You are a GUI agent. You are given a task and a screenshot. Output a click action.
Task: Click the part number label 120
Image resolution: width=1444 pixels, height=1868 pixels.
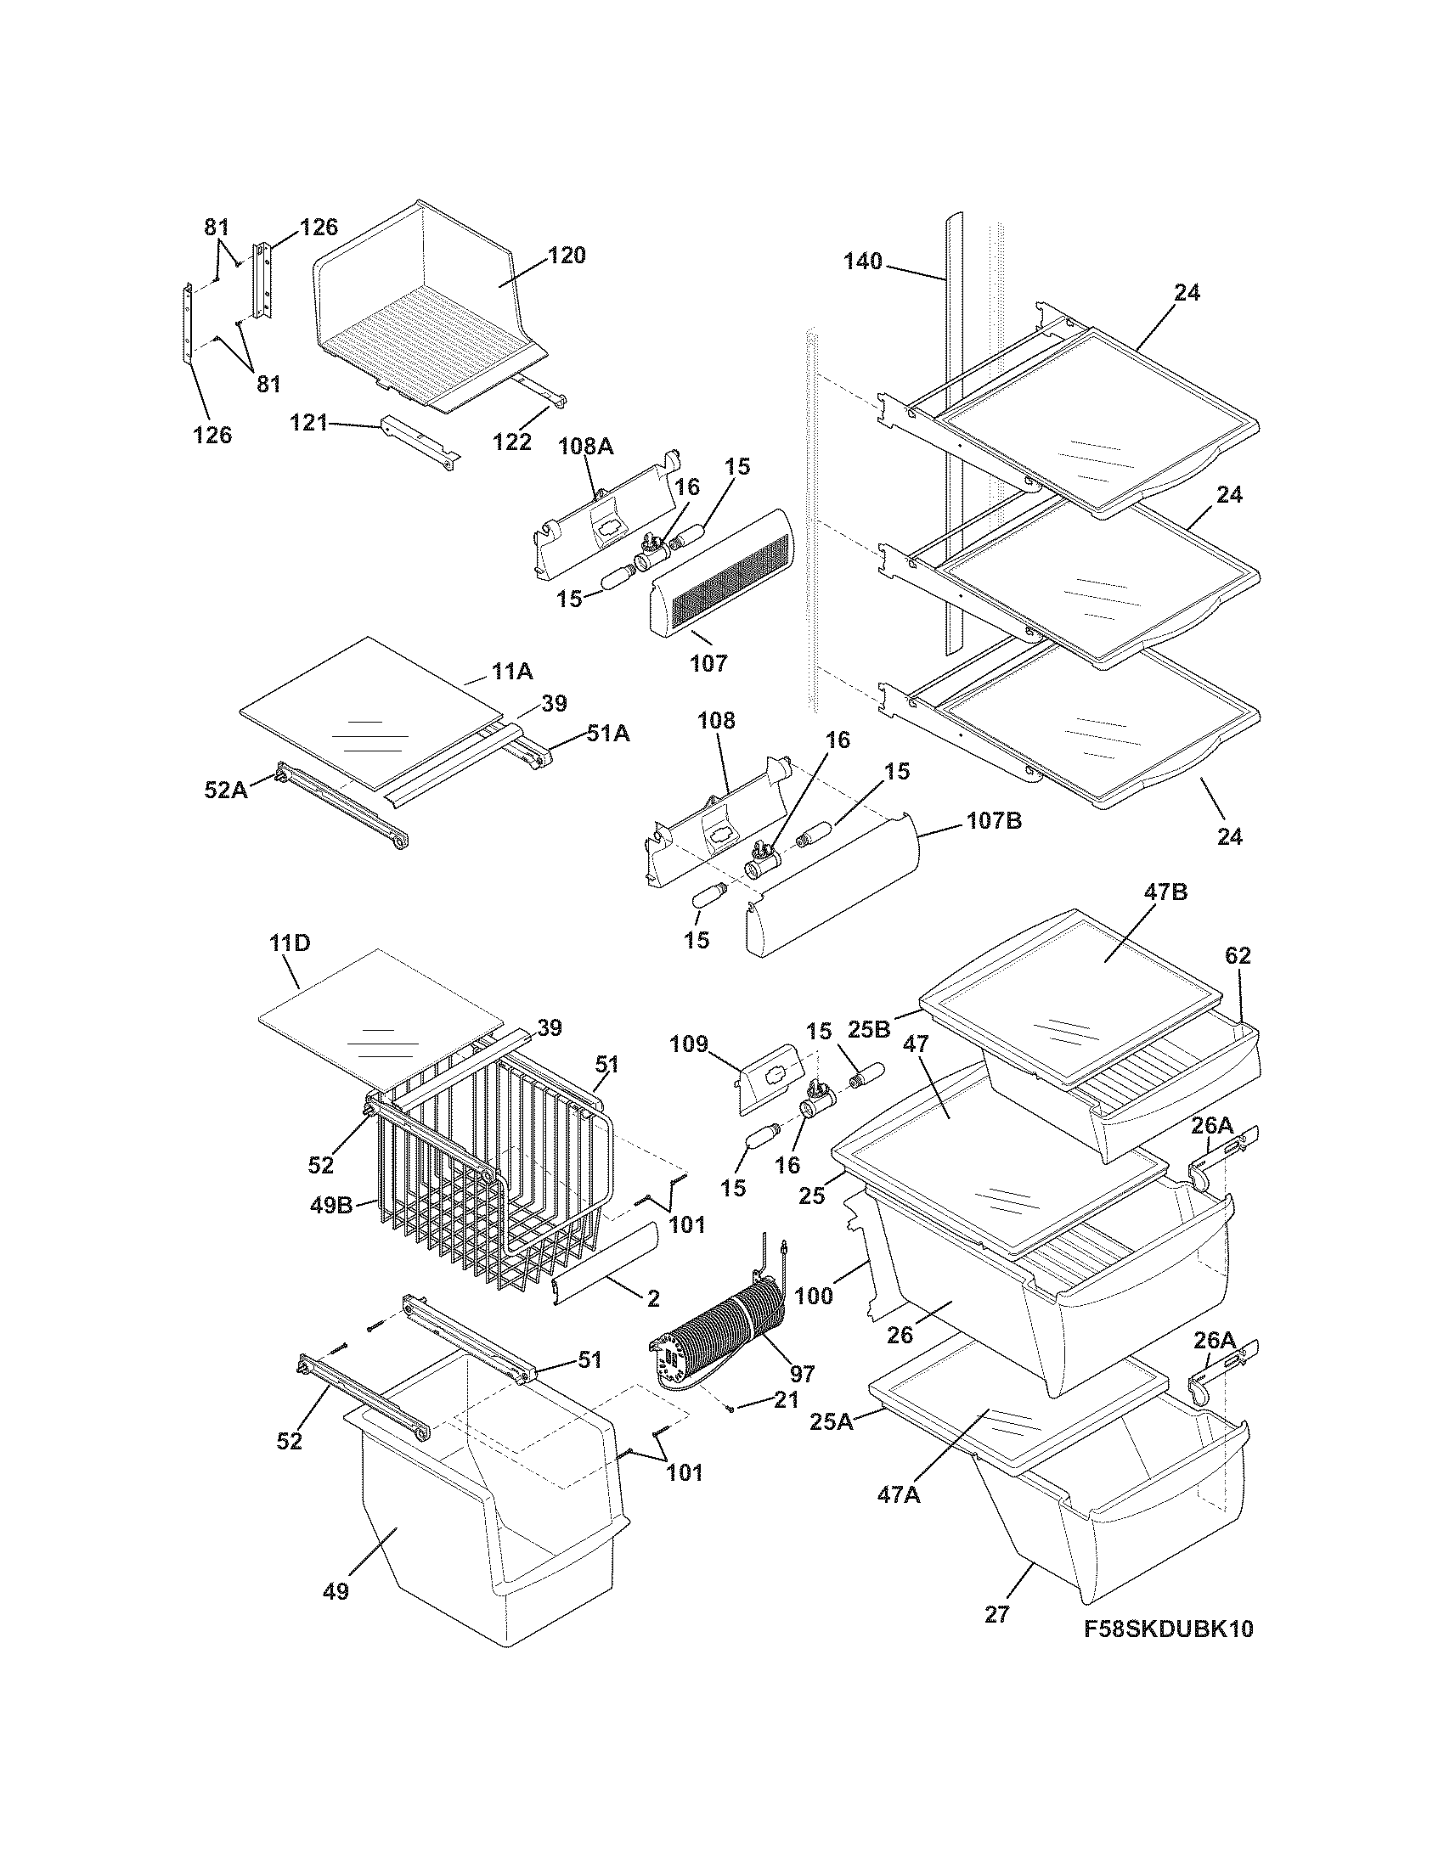point(567,255)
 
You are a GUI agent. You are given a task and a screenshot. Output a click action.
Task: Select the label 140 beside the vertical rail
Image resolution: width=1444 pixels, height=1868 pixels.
point(862,262)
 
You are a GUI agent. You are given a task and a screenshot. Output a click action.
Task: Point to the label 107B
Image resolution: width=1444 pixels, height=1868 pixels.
point(994,821)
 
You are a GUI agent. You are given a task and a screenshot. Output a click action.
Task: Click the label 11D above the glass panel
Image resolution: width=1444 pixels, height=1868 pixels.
point(289,944)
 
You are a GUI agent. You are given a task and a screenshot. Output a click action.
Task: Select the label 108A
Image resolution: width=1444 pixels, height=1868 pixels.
point(586,446)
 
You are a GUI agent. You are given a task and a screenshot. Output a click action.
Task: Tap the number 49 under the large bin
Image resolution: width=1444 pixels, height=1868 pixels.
point(336,1591)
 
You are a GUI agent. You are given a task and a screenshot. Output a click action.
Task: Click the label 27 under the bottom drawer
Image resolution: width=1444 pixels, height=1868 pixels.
point(996,1614)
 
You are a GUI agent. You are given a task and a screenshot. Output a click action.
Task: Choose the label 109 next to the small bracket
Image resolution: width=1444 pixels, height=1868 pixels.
point(690,1044)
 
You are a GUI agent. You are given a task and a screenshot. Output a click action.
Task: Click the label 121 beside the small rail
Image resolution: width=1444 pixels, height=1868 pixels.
point(309,422)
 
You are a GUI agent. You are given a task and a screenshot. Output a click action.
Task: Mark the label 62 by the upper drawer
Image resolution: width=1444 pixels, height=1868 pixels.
point(1238,956)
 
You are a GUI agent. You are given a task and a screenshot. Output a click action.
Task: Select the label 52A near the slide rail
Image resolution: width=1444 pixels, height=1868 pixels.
point(226,790)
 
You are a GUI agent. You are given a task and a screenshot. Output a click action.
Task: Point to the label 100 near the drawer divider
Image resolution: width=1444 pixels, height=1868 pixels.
point(813,1296)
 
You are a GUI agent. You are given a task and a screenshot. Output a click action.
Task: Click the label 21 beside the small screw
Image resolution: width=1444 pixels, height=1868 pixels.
point(786,1400)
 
